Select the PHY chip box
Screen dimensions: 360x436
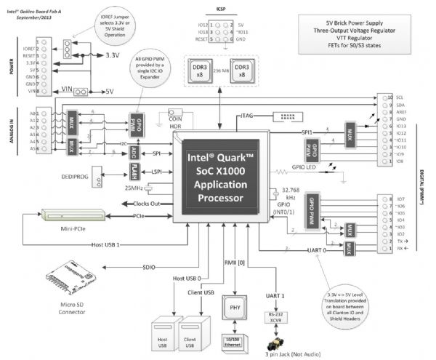tap(235, 306)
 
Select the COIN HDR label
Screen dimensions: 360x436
tap(175, 121)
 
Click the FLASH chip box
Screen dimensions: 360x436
tap(137, 171)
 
